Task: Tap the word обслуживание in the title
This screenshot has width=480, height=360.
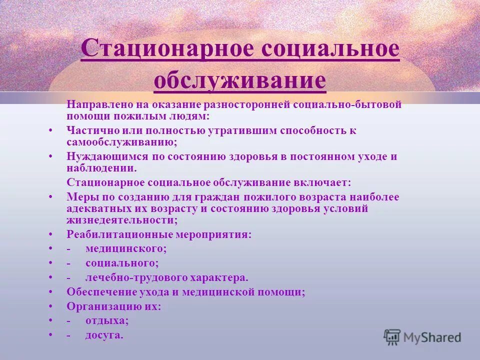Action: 240,80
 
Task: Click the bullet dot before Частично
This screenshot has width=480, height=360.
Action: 50,130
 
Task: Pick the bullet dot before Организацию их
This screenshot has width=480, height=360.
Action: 50,306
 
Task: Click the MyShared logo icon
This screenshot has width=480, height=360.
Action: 392,337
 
